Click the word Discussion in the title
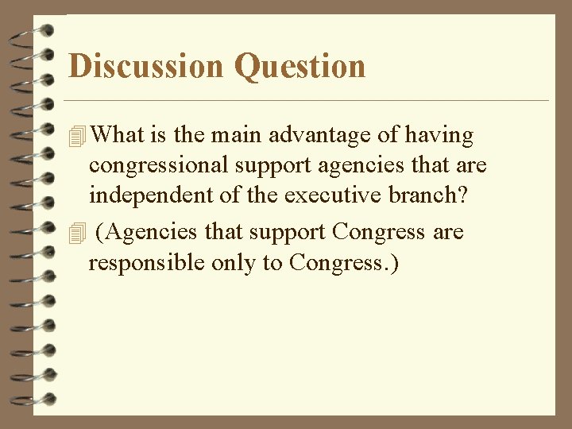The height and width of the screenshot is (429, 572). click(x=146, y=66)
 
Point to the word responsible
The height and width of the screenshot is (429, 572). click(x=147, y=262)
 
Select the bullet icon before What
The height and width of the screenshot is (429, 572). click(x=76, y=137)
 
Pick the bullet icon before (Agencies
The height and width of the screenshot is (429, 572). click(x=76, y=233)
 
